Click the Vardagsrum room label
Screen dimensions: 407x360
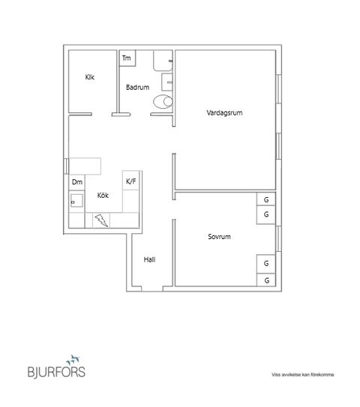point(224,113)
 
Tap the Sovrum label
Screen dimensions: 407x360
point(219,237)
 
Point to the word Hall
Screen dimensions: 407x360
point(149,260)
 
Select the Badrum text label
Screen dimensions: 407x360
point(137,87)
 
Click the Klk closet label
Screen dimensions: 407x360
point(89,76)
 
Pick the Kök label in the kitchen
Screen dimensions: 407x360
point(103,196)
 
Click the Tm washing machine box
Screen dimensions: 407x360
point(126,58)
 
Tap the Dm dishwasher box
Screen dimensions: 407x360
point(76,182)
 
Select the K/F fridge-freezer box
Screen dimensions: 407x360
point(131,181)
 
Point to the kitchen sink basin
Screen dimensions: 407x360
point(76,200)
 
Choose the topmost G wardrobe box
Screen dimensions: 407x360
point(266,200)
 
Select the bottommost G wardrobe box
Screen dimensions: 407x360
point(266,280)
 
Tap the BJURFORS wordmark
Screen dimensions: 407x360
point(56,371)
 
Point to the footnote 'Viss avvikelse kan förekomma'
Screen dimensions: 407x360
point(303,375)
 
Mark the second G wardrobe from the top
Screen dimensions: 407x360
point(266,215)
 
